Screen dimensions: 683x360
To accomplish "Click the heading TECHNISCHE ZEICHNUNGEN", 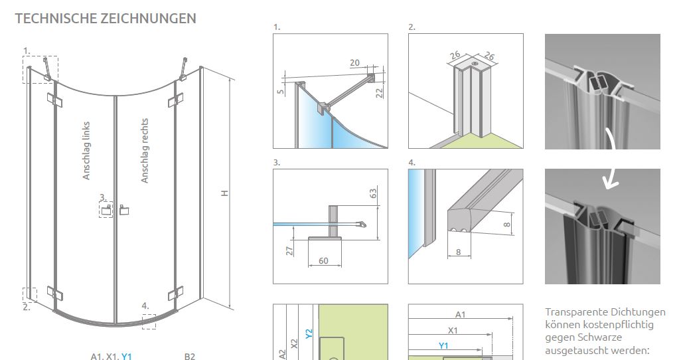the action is point(106,19).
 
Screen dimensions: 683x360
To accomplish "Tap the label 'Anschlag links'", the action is point(86,150).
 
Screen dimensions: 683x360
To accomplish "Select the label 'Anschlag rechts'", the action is point(145,150).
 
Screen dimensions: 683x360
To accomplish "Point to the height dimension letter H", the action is point(225,193).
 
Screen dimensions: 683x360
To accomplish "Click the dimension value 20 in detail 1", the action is point(355,62).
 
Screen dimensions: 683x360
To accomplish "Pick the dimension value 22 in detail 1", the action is point(379,92).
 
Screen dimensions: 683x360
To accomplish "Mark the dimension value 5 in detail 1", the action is point(281,92).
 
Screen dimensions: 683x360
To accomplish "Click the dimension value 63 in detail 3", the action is point(373,193).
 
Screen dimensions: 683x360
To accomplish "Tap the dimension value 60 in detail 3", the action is point(323,260).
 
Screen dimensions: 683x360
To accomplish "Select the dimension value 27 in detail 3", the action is point(289,250).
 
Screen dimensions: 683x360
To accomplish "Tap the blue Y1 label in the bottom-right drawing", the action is point(443,345).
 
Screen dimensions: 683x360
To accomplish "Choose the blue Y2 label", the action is point(309,334).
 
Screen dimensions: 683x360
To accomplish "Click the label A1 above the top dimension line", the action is point(461,314).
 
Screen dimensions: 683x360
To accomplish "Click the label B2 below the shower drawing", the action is point(189,357).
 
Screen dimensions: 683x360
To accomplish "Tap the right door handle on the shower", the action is point(124,210).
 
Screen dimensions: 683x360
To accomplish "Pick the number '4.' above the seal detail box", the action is point(412,163).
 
